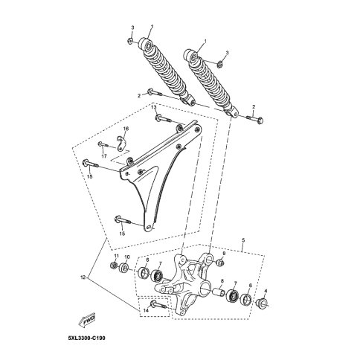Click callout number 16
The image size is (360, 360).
(126, 129)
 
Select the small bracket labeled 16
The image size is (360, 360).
(121, 143)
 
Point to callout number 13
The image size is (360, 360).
(154, 107)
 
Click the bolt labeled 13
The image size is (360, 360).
(163, 118)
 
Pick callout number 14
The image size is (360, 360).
(146, 310)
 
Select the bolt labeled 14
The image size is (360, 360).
(158, 304)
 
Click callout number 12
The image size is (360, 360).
(83, 277)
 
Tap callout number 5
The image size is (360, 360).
(243, 240)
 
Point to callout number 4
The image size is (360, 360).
(266, 291)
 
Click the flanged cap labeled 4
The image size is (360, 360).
(262, 303)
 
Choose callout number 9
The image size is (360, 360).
(224, 254)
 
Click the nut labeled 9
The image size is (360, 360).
(220, 263)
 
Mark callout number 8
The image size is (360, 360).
(222, 281)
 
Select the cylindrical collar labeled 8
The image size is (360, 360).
(219, 292)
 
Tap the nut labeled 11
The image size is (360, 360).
(115, 266)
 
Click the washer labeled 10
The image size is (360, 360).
(124, 268)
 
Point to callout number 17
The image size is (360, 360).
(104, 156)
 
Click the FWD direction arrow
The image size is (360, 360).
(86, 321)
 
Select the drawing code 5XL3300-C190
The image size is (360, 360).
(86, 338)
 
